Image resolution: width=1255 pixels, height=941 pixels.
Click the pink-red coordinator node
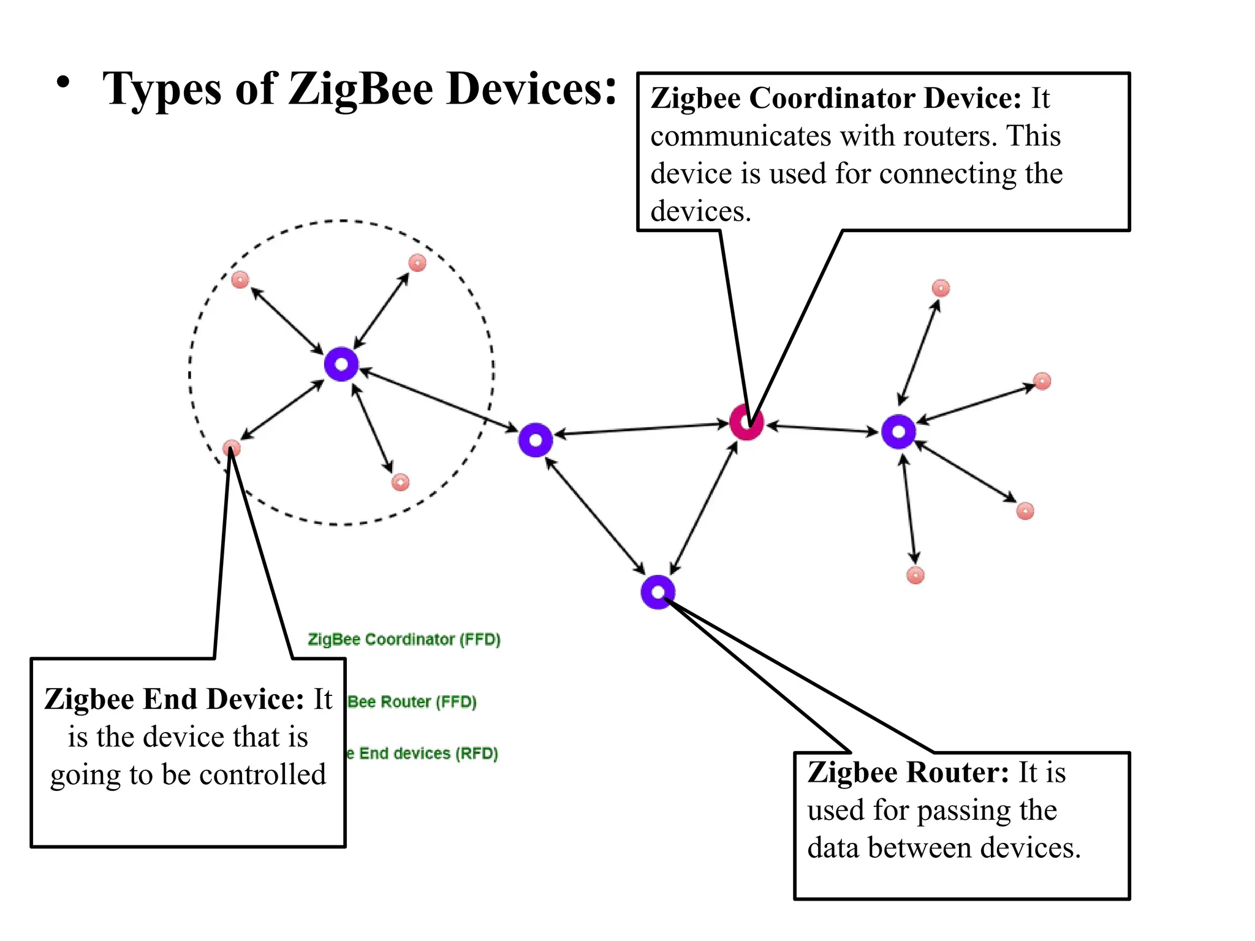coord(746,422)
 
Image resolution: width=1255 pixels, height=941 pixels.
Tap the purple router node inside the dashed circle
coord(341,365)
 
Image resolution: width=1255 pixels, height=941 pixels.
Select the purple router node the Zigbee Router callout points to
coord(658,592)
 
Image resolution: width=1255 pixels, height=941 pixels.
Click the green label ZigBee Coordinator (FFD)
coord(404,640)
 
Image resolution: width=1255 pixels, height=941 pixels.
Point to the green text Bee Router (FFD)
coord(412,702)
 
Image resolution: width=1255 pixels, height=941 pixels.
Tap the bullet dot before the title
coord(63,82)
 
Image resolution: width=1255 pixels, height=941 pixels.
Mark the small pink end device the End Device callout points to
coord(231,448)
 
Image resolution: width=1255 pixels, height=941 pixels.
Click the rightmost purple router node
coord(898,432)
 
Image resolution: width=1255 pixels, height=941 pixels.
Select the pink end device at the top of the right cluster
coord(941,288)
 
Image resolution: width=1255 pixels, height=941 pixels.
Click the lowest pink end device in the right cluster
coord(915,575)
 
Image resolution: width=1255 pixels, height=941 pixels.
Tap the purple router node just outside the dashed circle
coord(536,440)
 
